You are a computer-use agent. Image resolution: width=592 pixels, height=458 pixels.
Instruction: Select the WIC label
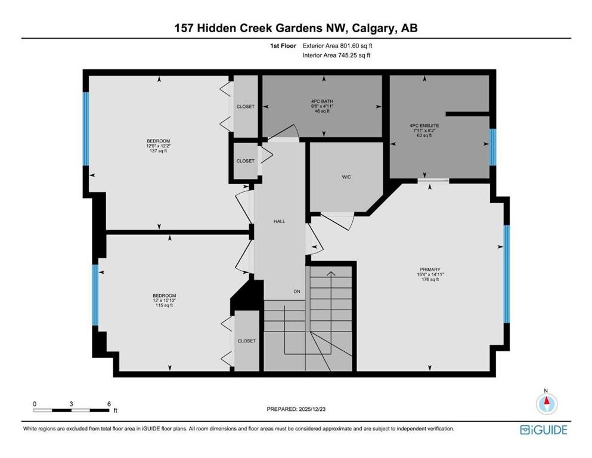pyautogui.click(x=345, y=177)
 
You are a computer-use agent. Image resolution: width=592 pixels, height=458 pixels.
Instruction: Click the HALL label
pyautogui.click(x=279, y=221)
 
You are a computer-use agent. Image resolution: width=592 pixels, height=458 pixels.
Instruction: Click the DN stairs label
pyautogui.click(x=296, y=291)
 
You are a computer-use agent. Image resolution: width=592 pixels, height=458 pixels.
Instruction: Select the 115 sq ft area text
pyautogui.click(x=164, y=305)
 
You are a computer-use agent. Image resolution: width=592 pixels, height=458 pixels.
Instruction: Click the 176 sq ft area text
pyautogui.click(x=430, y=279)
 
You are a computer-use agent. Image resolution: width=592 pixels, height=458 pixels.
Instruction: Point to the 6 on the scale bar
pyautogui.click(x=109, y=404)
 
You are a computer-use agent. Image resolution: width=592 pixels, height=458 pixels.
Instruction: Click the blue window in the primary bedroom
pyautogui.click(x=507, y=274)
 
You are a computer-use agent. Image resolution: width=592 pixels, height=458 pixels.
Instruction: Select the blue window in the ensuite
pyautogui.click(x=492, y=147)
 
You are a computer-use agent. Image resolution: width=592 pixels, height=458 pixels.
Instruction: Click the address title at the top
pyautogui.click(x=296, y=27)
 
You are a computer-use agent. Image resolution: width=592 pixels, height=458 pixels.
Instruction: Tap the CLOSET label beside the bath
pyautogui.click(x=245, y=107)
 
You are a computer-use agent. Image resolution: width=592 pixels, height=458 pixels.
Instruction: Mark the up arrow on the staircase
pyautogui.click(x=331, y=273)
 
